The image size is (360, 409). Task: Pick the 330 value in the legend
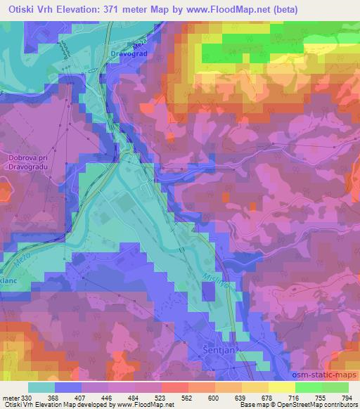pos(25,397)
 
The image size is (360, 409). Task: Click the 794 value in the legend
pos(347,397)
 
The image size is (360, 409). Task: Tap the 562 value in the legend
pos(186,397)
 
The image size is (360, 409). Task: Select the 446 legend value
pos(106,397)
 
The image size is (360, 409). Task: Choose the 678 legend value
pos(266,397)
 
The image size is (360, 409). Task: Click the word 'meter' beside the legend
pos(11,397)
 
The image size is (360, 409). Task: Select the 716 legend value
pos(293,397)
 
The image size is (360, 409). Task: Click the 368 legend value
pos(52,397)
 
